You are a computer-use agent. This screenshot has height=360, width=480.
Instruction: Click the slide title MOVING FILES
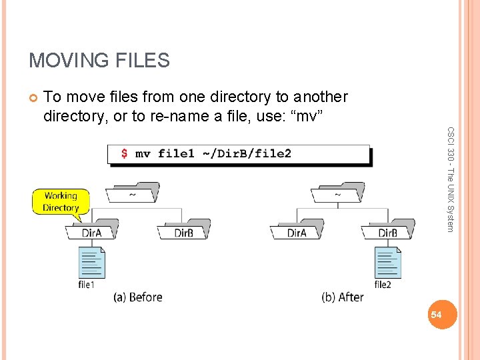[99, 61]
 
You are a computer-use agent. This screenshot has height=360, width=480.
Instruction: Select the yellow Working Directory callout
[61, 201]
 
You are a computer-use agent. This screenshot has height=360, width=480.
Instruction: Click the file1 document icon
[92, 262]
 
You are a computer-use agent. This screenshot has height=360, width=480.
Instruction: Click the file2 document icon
[387, 262]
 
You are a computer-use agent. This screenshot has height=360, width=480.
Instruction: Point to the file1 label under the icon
[87, 285]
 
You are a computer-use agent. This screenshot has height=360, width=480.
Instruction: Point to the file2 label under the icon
[383, 285]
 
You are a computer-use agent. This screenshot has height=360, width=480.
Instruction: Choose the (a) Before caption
[138, 297]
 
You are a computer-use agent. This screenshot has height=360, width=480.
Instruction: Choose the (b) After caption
[342, 297]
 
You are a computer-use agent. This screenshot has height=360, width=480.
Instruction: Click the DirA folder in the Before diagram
[91, 231]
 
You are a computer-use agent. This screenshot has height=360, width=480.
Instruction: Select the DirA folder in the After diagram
[297, 231]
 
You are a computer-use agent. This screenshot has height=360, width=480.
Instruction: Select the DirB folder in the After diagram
[388, 231]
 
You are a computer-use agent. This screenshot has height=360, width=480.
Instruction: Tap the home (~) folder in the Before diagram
[133, 193]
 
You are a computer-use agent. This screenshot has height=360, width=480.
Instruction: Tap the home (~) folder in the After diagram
[337, 193]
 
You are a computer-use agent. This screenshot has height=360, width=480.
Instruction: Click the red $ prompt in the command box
[124, 154]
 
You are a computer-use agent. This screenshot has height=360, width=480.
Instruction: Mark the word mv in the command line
[143, 154]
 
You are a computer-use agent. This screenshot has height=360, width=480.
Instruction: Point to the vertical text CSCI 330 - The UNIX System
[451, 180]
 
